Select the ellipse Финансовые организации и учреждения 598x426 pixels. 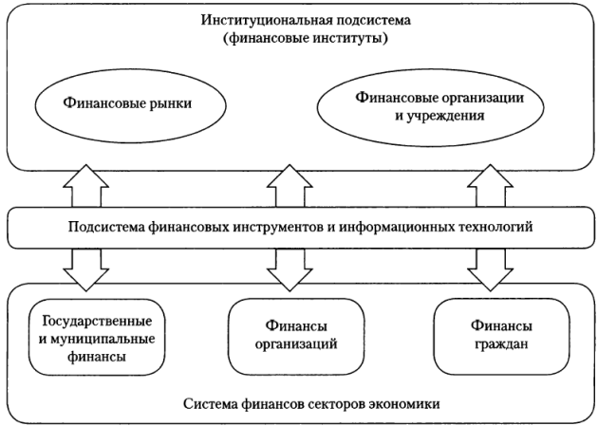(417, 105)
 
